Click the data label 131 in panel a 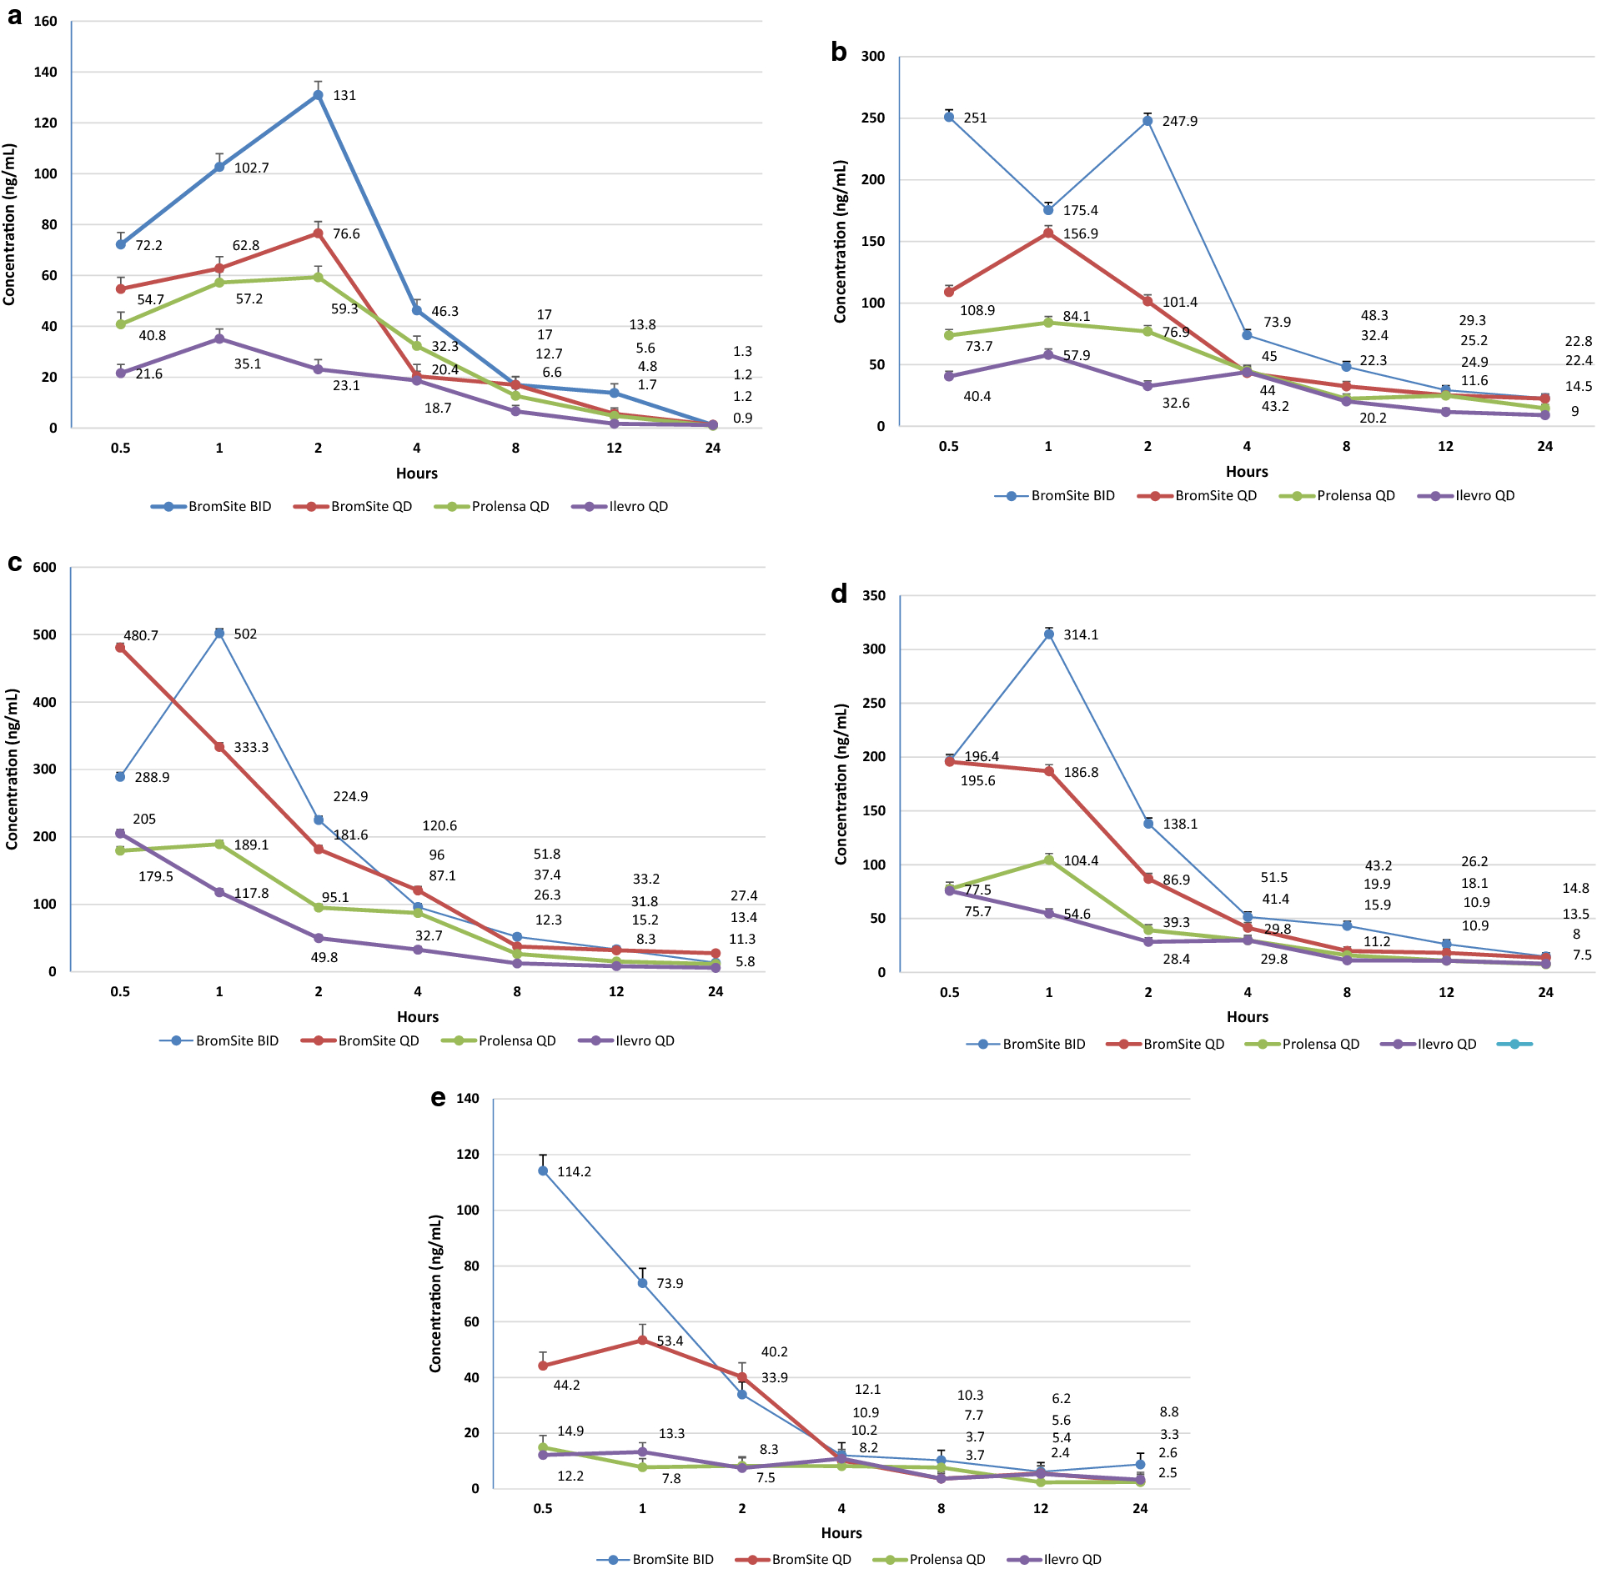tap(344, 96)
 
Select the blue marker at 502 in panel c tap(219, 634)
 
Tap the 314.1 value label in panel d tap(1081, 635)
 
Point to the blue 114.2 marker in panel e tap(543, 1171)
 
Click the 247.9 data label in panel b tap(1179, 122)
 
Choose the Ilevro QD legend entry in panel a tap(620, 507)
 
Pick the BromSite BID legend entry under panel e tap(655, 1560)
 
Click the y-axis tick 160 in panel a tap(45, 22)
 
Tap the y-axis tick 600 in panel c tap(44, 568)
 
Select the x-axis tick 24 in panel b tap(1544, 447)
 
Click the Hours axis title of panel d tap(1247, 1017)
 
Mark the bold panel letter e tap(438, 1099)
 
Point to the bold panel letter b tap(838, 53)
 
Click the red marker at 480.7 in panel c tap(120, 648)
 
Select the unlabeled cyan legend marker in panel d tap(1514, 1045)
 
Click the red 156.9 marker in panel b tap(1048, 233)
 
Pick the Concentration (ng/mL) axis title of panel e tap(435, 1293)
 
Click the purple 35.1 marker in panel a tap(219, 338)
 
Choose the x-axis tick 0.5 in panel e tap(543, 1509)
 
